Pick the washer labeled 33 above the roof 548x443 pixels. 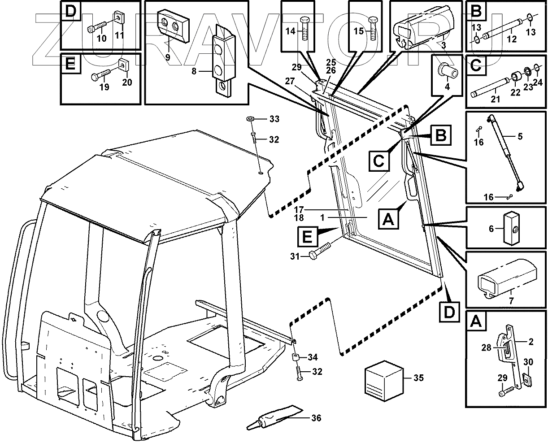coord(250,119)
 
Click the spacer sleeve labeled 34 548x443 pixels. coord(296,358)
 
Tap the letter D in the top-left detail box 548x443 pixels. coord(70,11)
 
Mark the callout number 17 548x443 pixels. coord(300,209)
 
